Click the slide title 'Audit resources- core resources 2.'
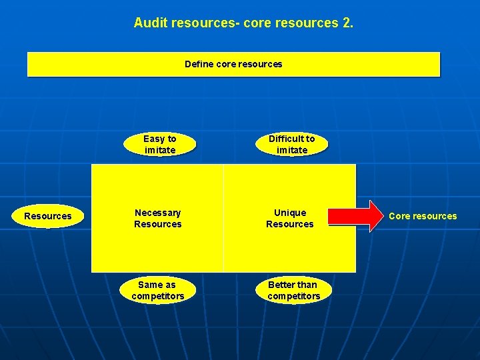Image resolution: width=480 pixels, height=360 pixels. tap(243, 23)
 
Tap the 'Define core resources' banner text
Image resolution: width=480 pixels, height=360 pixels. tap(233, 65)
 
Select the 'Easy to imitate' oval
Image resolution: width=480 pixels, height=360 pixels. tap(160, 144)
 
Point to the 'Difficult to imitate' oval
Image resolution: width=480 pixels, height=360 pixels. tap(292, 144)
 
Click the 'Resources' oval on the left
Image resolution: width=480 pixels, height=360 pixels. tap(47, 216)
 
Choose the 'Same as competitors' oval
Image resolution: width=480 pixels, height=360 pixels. tap(158, 290)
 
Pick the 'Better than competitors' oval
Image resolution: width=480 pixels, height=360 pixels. tap(293, 290)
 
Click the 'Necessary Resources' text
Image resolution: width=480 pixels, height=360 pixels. tap(158, 218)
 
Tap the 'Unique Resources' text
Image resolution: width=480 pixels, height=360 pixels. tap(290, 218)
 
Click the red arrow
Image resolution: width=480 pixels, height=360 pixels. tap(353, 216)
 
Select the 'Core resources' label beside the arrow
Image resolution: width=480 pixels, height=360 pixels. tap(423, 216)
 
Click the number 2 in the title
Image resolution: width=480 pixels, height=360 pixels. tap(346, 23)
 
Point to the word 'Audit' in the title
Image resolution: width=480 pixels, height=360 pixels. tap(151, 23)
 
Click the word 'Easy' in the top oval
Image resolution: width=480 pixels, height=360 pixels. tap(154, 139)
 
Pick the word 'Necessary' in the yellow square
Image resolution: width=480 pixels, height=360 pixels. tap(158, 213)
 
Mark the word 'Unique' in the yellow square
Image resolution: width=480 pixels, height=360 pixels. tap(291, 213)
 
